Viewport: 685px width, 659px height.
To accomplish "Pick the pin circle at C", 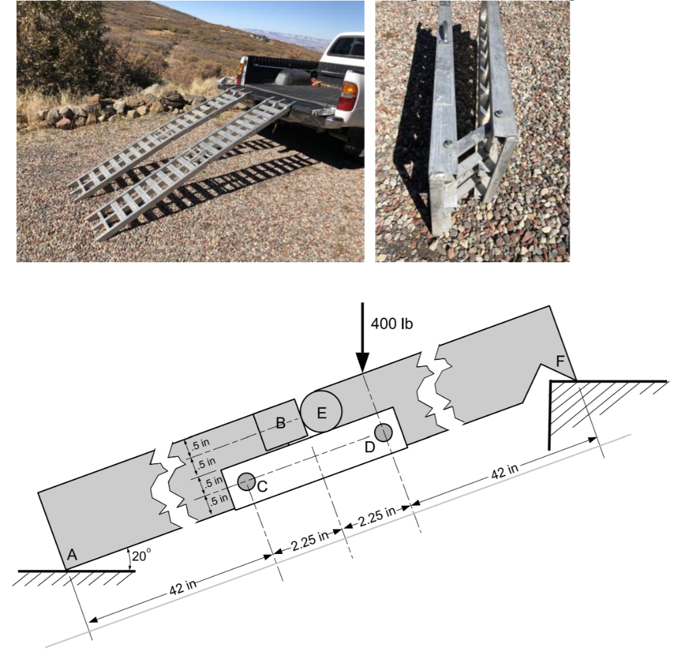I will click(246, 480).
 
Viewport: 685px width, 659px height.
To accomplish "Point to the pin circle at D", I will click(383, 433).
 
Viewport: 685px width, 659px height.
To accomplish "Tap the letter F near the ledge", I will click(561, 361).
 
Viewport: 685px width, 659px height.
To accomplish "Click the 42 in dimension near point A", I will click(181, 585).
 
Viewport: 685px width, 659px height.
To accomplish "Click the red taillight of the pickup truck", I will click(347, 96).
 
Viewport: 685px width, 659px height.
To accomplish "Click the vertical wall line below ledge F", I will click(550, 415).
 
